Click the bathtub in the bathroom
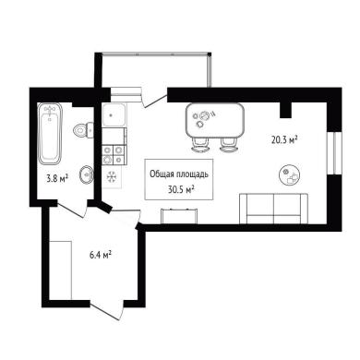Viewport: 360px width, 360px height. point(50,134)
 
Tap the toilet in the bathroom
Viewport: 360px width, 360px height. point(83,130)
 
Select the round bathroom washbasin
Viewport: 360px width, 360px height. point(87,175)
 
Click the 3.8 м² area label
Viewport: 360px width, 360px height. point(57,178)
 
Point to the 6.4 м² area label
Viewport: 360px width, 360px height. point(101,255)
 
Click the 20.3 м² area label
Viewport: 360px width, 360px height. point(284,140)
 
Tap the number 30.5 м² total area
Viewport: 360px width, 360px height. point(182,189)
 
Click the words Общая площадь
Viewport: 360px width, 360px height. point(179,174)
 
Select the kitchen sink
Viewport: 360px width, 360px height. point(114,114)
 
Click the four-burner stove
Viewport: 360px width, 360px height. point(114,154)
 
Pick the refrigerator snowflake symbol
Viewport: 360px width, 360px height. point(111,177)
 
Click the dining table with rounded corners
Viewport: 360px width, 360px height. point(215,121)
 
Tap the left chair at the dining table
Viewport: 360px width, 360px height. point(200,145)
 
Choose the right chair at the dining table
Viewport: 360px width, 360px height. point(229,145)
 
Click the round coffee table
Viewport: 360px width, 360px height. point(290,174)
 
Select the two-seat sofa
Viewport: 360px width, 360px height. point(273,209)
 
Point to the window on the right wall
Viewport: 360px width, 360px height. point(334,153)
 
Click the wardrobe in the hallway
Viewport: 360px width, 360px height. point(60,270)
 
